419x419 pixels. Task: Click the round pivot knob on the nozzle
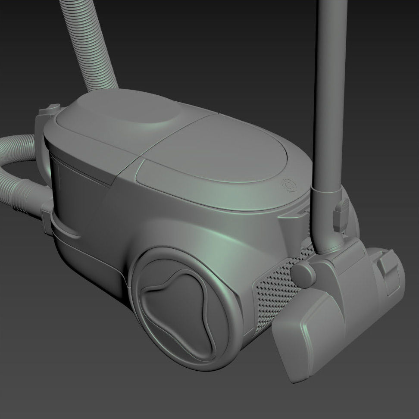(x=304, y=276)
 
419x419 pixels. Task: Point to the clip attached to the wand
(x=341, y=213)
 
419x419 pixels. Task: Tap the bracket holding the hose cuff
(x=47, y=216)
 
